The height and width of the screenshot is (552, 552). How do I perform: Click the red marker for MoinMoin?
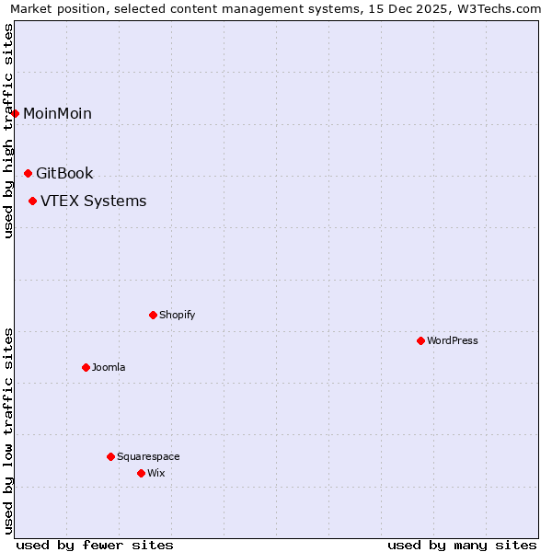pos(16,113)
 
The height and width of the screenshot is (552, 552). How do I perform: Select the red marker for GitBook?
pos(28,173)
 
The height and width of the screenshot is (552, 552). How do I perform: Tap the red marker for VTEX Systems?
pos(33,201)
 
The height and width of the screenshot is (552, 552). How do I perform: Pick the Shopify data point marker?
pos(153,315)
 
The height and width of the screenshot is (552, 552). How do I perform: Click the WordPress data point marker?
pos(420,340)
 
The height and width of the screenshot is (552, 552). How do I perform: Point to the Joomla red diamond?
pos(86,367)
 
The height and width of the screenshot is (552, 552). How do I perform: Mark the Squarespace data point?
pos(110,456)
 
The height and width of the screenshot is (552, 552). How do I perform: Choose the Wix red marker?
pos(141,473)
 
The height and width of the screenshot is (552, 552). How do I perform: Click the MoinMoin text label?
pos(57,114)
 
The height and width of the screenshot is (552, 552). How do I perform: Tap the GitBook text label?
pos(64,174)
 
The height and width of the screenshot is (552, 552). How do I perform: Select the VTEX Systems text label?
pos(93,201)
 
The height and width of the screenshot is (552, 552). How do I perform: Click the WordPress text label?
pos(453,341)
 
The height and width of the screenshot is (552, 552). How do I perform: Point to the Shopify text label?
pos(178,316)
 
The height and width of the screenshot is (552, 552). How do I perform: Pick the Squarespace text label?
pos(148,457)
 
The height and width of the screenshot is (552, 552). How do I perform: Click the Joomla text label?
pos(109,368)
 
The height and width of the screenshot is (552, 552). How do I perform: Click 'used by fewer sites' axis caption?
pos(95,545)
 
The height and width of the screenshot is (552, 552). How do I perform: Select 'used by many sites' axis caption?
pos(462,545)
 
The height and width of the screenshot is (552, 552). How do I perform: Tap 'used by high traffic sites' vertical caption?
pos(8,131)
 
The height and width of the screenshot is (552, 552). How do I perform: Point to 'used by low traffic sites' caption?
pos(8,430)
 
